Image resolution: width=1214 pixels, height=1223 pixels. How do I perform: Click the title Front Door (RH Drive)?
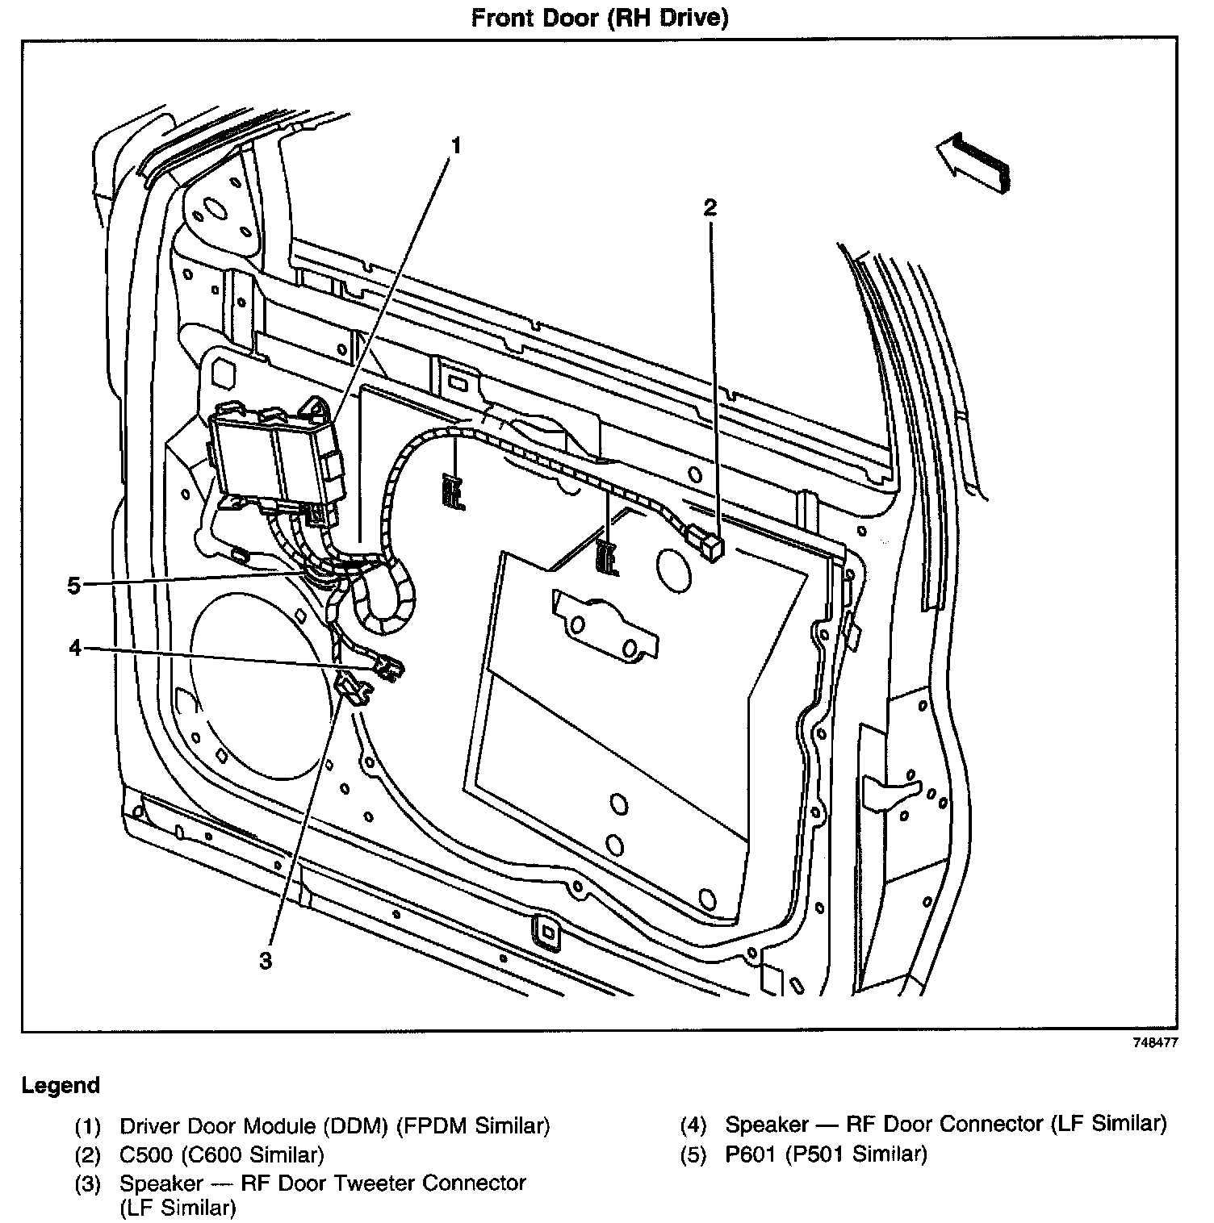tap(600, 18)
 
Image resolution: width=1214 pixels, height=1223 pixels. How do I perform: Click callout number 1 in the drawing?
tap(456, 145)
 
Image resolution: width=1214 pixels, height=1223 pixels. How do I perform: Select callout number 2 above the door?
tap(710, 208)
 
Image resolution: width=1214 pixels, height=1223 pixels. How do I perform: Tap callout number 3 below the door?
tap(265, 959)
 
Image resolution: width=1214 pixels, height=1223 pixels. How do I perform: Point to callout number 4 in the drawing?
tap(75, 647)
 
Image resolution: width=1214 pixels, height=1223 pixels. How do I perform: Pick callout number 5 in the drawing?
tap(74, 585)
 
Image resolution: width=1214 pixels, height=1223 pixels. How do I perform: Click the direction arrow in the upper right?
tap(973, 161)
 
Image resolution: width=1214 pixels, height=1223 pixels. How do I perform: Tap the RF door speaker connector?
tap(389, 667)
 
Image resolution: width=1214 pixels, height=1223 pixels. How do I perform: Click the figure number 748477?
tap(1155, 1041)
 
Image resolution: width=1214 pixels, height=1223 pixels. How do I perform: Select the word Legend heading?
tap(61, 1085)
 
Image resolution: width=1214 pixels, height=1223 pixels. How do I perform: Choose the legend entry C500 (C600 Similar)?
tap(221, 1154)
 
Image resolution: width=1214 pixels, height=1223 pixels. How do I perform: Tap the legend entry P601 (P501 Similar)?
tap(826, 1154)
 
